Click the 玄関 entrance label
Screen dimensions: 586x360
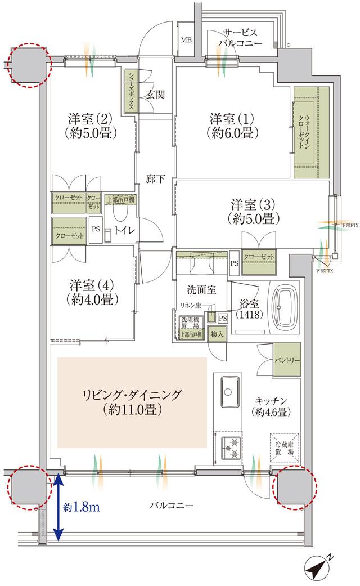[x=155, y=95]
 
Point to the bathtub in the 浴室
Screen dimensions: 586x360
[x=289, y=308]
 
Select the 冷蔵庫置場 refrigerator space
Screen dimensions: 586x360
[x=283, y=447]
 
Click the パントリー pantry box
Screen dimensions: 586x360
[x=287, y=360]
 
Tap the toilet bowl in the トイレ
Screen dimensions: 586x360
[x=120, y=212]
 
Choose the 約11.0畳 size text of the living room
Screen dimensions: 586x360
[x=132, y=410]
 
